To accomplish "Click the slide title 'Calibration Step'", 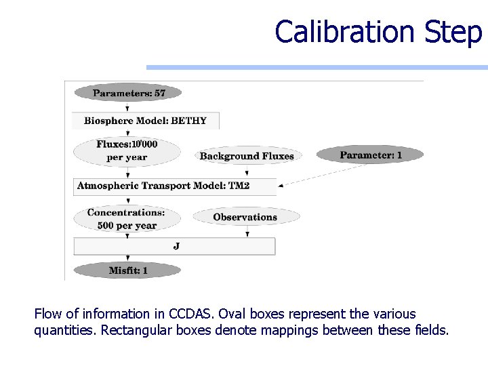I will point(378,32).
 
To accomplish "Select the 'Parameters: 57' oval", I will point(128,93).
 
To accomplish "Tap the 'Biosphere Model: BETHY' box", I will point(146,121).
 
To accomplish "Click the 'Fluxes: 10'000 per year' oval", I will point(127,150).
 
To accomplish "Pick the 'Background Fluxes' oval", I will point(247,156).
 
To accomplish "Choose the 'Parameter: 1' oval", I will point(370,155).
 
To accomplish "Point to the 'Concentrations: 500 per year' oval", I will point(127,218).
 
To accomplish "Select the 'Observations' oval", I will point(245,217).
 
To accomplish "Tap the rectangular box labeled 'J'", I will point(174,246).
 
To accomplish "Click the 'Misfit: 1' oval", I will point(127,270).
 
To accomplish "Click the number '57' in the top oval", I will point(159,93).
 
